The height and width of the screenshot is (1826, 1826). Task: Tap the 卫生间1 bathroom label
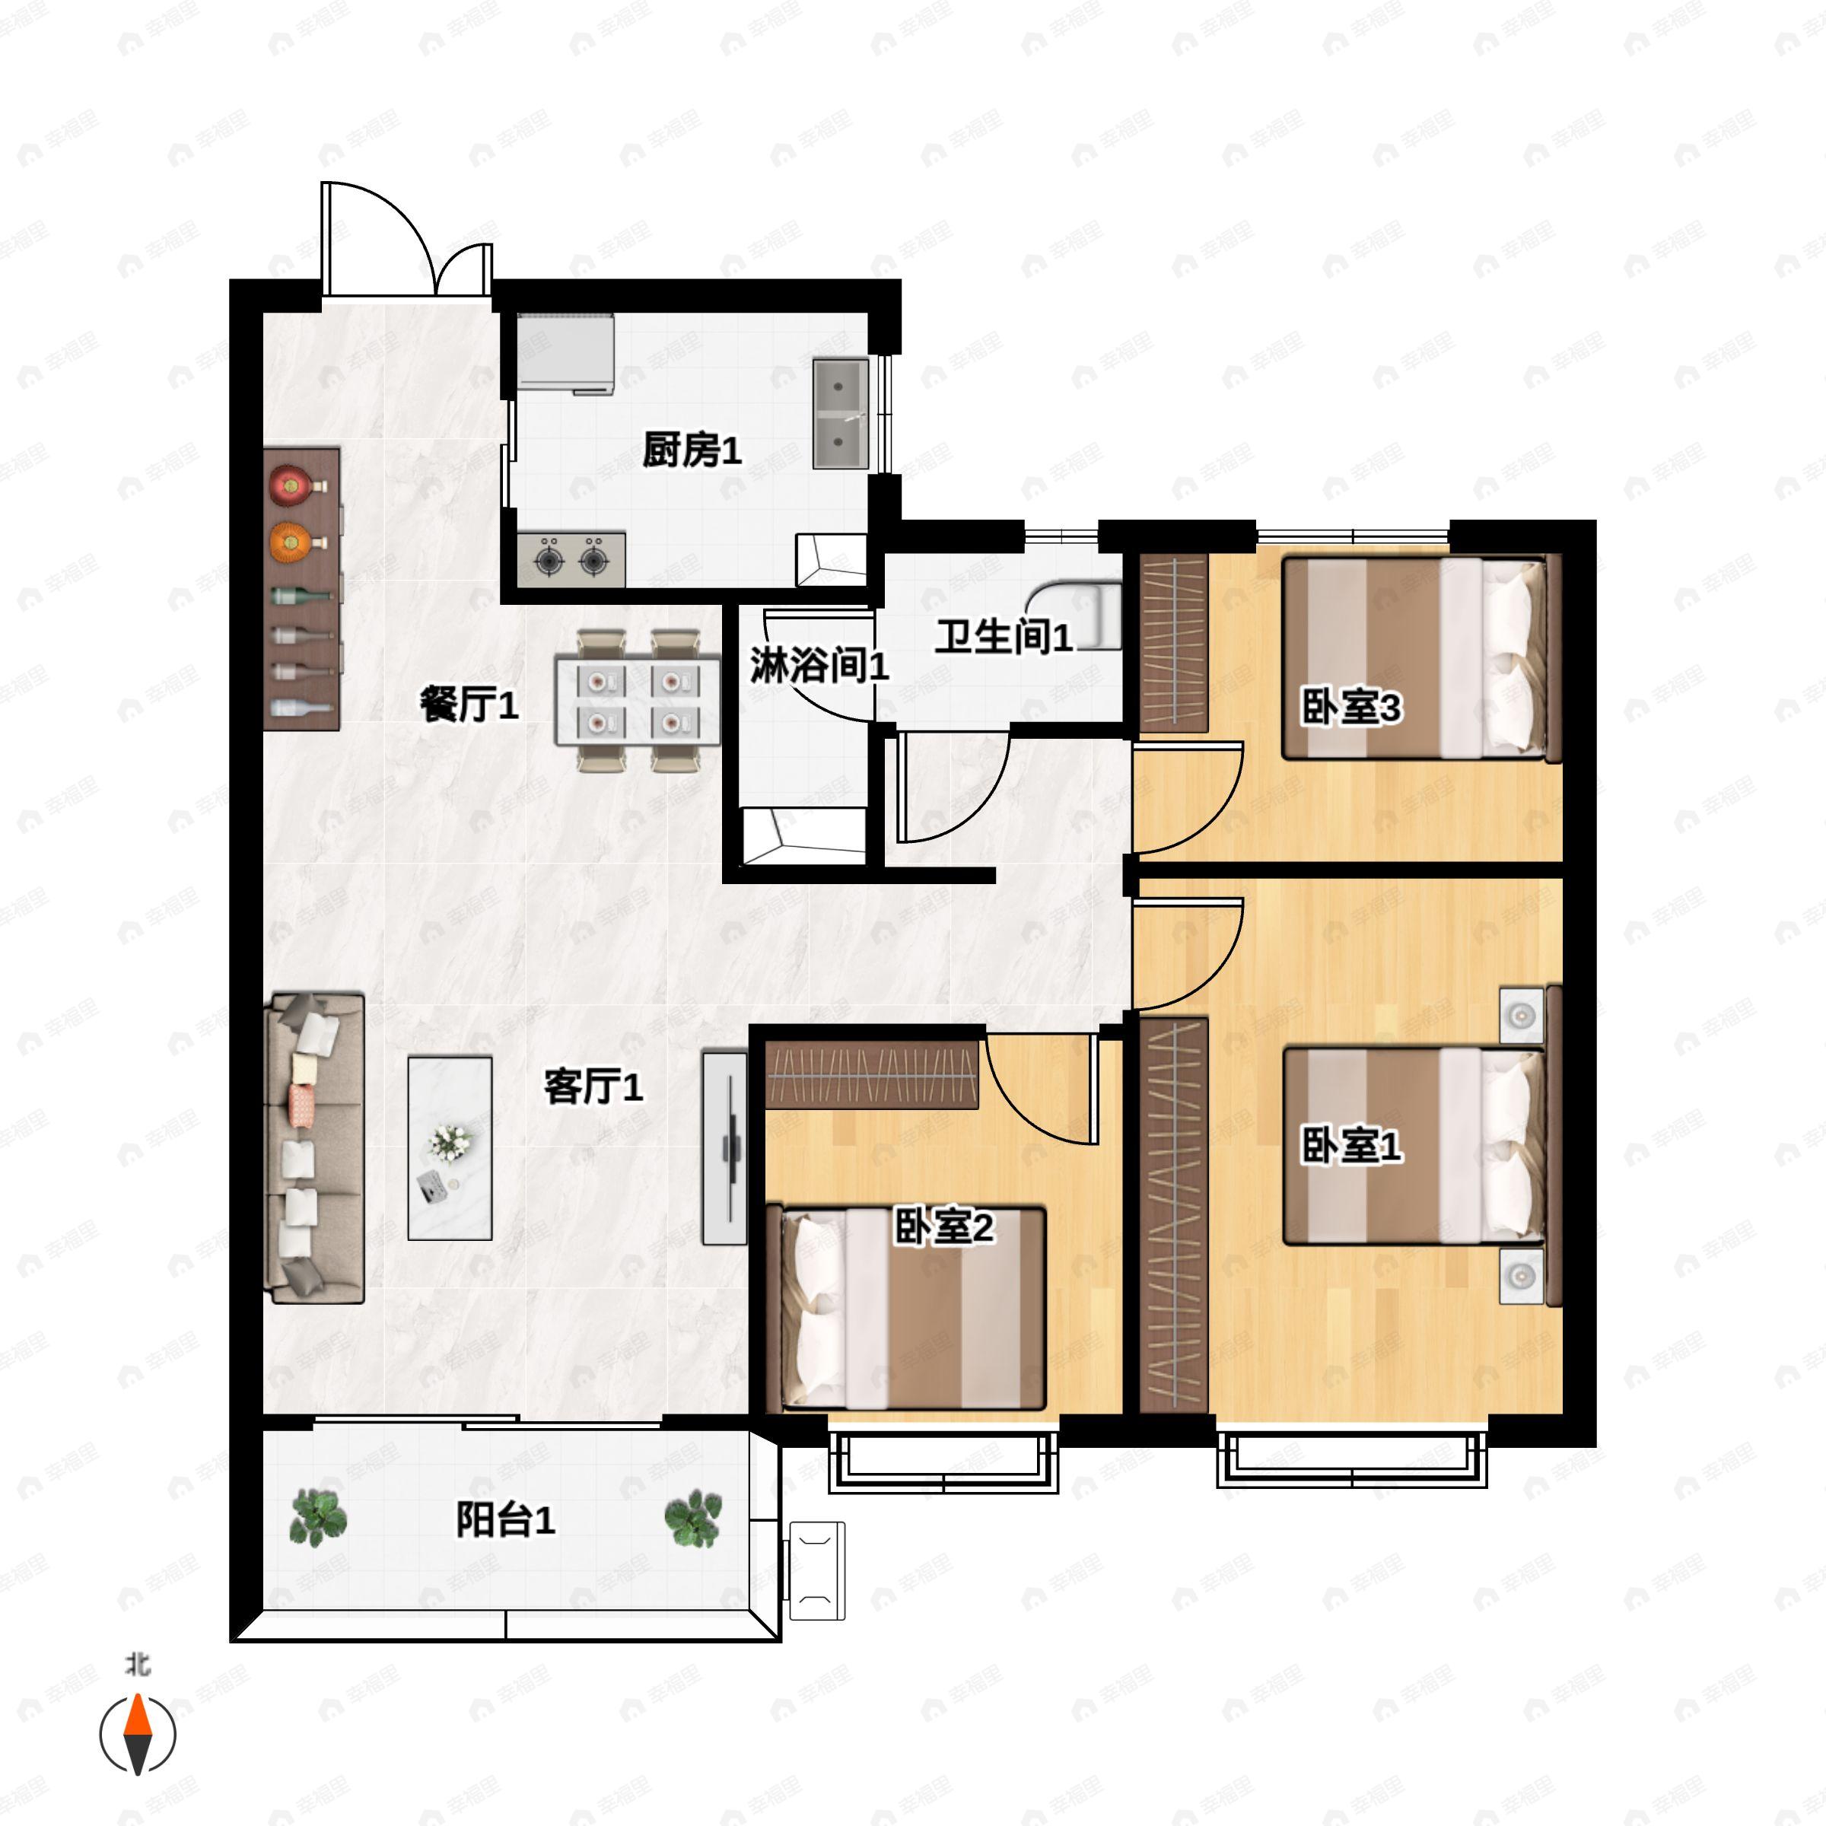click(x=1004, y=637)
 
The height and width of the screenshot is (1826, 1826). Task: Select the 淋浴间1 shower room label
click(x=819, y=666)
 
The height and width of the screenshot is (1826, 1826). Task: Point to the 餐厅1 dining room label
click(x=469, y=704)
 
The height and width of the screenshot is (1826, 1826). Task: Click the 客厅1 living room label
click(x=593, y=1087)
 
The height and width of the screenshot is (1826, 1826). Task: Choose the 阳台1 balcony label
click(x=506, y=1521)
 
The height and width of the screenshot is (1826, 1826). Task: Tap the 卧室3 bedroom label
click(x=1351, y=707)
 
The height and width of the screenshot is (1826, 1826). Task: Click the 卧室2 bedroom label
click(x=944, y=1228)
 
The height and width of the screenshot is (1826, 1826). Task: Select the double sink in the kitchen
click(x=840, y=414)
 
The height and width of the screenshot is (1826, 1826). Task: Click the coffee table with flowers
click(x=450, y=1147)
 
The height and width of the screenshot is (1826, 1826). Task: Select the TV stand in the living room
click(x=725, y=1148)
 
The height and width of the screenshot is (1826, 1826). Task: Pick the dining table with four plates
click(x=637, y=700)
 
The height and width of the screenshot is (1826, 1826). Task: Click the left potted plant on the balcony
click(x=317, y=1517)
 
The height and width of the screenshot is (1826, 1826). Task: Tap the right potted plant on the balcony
click(x=694, y=1518)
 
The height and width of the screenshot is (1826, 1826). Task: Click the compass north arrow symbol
click(x=138, y=1733)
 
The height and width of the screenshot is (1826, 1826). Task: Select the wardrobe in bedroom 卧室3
click(x=1174, y=644)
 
